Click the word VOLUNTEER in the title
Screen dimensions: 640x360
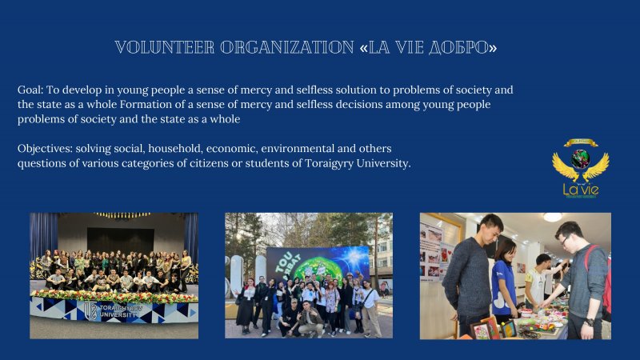[x=164, y=48]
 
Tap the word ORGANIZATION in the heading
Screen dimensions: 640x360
[x=287, y=48]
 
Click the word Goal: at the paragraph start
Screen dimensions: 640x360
[x=30, y=90]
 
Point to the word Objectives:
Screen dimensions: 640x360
[x=45, y=149]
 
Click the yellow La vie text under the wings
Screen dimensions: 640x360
[x=581, y=190]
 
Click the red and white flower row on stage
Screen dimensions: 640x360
[x=114, y=297]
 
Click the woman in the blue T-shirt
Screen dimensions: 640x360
[x=505, y=281]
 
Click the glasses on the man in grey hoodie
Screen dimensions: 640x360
[x=566, y=240]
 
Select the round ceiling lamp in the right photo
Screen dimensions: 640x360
[x=552, y=217]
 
